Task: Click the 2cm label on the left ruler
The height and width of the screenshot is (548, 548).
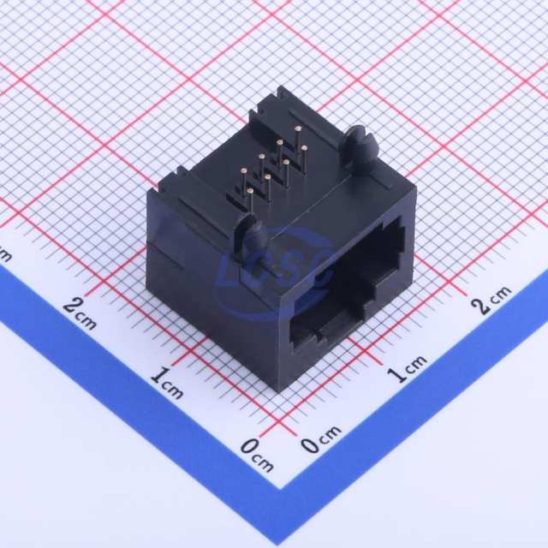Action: (x=80, y=313)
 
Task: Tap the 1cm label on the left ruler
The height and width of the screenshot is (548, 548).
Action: (x=167, y=383)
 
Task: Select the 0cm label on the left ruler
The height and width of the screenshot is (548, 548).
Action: (x=257, y=455)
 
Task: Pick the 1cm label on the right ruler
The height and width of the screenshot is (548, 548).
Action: (x=407, y=368)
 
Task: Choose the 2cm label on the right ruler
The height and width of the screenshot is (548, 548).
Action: (x=491, y=300)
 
